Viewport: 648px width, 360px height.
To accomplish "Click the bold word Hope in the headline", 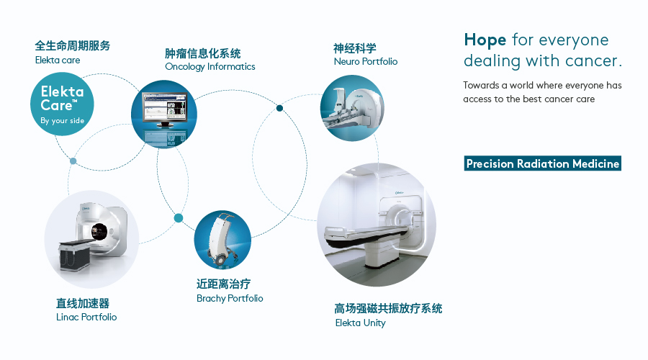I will (x=485, y=40).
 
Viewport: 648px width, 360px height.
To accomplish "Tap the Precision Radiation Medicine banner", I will (x=542, y=163).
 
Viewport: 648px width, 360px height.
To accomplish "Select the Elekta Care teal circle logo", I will (x=63, y=106).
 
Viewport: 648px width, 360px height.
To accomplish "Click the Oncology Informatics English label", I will (x=210, y=67).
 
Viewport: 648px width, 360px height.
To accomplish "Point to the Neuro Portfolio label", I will (x=365, y=62).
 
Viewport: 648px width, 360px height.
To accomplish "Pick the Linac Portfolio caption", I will (x=86, y=317).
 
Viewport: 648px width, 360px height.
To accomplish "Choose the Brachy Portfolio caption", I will (x=230, y=298).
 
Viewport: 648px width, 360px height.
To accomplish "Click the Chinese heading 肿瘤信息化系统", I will (x=202, y=53).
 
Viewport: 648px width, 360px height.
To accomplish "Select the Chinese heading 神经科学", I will (x=354, y=48).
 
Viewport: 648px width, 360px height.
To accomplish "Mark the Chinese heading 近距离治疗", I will (x=223, y=284).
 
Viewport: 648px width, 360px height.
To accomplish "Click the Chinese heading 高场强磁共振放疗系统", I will (x=388, y=308).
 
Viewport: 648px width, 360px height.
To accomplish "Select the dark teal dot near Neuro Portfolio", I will (x=280, y=109).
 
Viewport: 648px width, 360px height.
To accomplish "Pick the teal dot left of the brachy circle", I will (x=178, y=218).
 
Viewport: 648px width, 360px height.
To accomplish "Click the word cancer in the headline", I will (x=595, y=61).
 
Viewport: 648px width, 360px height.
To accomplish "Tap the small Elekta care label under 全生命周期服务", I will (x=58, y=60).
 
